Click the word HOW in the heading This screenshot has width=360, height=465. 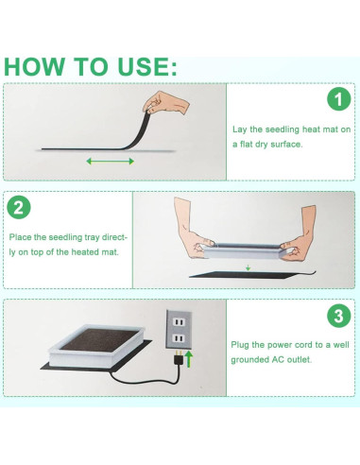coord(34,66)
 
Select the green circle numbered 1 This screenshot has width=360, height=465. coord(339,99)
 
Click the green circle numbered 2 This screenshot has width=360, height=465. coord(19,208)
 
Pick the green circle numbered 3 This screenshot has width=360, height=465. coord(339,316)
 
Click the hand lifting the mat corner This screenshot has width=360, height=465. coord(166,103)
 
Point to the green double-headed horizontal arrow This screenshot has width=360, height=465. coord(111,162)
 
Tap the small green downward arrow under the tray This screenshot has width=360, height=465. coord(249,268)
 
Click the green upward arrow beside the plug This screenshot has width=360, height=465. coord(189,359)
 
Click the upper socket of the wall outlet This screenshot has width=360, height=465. coord(179,322)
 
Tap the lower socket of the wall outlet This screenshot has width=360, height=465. coord(179,338)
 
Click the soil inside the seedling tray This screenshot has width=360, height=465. coord(98,339)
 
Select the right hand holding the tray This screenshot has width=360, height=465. coord(300,234)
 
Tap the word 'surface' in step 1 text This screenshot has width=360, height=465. coord(286,145)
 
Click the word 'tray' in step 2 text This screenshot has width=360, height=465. coord(92,238)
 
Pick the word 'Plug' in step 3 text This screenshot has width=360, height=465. coord(240,345)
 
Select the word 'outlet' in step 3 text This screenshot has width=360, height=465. coord(299,359)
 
